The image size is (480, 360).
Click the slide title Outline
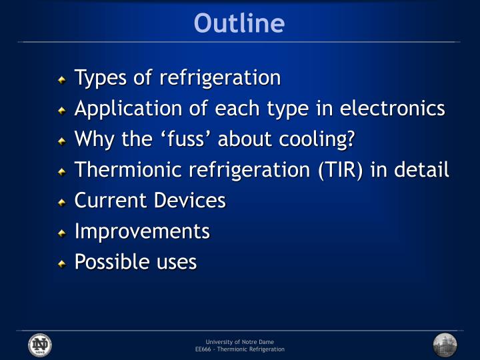[239, 23]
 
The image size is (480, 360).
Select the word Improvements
[142, 232]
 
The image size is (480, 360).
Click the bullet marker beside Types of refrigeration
[62, 80]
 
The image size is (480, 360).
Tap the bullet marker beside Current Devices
[62, 203]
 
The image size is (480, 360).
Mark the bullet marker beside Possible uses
[62, 264]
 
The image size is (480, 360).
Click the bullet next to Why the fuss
[62, 141]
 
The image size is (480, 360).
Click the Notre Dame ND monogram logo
[39, 345]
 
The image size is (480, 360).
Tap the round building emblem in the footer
[445, 345]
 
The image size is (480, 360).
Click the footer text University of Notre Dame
[239, 341]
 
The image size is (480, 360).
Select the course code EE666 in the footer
[203, 349]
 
